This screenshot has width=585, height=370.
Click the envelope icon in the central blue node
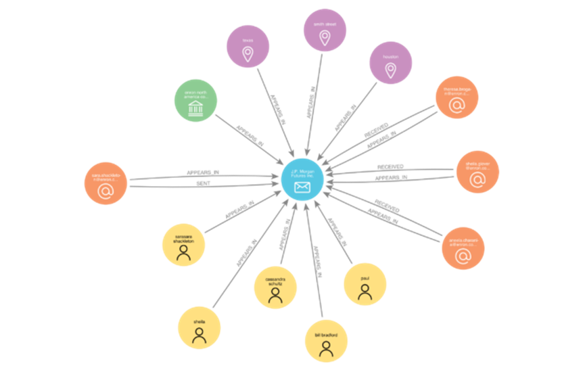click(302, 187)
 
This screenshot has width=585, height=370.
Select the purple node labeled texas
click(248, 46)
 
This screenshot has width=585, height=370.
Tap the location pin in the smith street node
click(325, 39)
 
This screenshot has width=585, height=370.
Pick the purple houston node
click(390, 63)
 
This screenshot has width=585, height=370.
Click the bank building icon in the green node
click(195, 108)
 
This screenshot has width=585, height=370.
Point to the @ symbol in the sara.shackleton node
click(106, 192)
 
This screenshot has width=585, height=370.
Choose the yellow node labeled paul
click(365, 284)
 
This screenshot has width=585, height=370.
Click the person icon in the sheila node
click(199, 336)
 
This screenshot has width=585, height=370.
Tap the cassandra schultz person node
click(275, 287)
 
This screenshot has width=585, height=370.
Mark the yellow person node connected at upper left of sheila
click(183, 244)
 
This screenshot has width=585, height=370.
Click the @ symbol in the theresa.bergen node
click(457, 105)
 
